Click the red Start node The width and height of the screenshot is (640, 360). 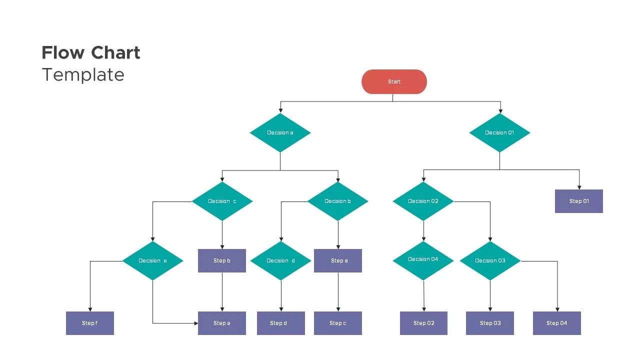[x=394, y=81]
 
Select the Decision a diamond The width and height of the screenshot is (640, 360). [x=280, y=132]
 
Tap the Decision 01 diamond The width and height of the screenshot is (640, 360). [x=499, y=132]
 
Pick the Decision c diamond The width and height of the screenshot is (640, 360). [x=222, y=201]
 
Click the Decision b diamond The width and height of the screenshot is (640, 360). [x=337, y=201]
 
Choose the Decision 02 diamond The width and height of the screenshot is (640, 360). [x=423, y=201]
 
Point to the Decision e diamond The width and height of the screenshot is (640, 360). [x=152, y=260]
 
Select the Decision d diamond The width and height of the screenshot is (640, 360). [x=280, y=260]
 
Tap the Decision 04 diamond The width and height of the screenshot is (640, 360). [x=423, y=259]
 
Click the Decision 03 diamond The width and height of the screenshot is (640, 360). [x=490, y=260]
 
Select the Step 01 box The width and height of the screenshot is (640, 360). [x=579, y=201]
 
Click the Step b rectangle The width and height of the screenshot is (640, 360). [x=222, y=260]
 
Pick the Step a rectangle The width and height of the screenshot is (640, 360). [x=338, y=260]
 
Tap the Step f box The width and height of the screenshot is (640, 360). [x=90, y=323]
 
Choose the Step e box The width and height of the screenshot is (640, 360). [x=222, y=323]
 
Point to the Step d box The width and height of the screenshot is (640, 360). [x=280, y=323]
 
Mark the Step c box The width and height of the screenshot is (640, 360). [x=338, y=323]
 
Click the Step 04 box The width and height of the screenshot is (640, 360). [x=557, y=323]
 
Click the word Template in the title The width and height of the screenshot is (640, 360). [x=83, y=74]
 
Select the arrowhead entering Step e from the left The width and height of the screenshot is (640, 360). [x=195, y=323]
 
